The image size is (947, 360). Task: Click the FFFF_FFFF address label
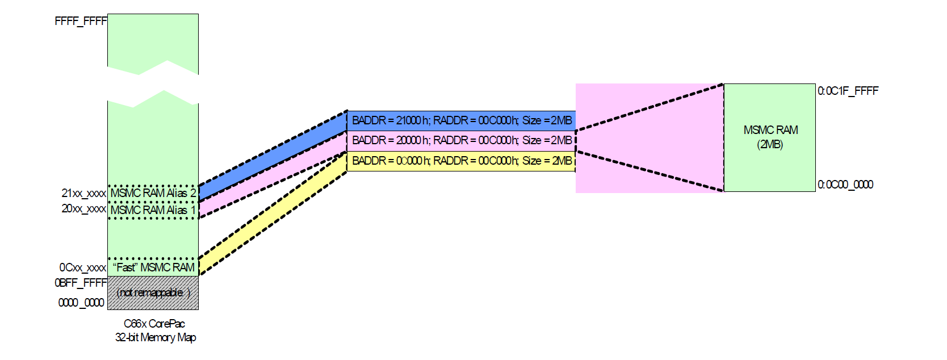click(x=81, y=22)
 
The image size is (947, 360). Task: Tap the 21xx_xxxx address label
click(x=83, y=194)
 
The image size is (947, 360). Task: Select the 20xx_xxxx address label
click(x=83, y=209)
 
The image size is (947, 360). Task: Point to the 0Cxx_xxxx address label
click(x=82, y=267)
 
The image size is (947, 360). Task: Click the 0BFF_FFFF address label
click(x=81, y=283)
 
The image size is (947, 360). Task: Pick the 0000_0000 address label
click(x=81, y=303)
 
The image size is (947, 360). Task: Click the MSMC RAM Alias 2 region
click(x=153, y=194)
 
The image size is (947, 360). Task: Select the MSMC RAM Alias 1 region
click(x=153, y=210)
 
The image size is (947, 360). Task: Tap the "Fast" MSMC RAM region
click(x=153, y=267)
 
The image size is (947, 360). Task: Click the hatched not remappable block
click(x=153, y=293)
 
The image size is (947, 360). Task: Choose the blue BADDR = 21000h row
click(x=461, y=120)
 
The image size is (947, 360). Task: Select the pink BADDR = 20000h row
click(x=461, y=140)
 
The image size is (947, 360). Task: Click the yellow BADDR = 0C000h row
click(x=461, y=161)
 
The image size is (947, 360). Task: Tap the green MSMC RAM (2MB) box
click(x=770, y=137)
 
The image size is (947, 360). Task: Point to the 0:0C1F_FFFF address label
click(x=848, y=91)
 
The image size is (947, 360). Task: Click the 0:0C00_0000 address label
click(x=845, y=185)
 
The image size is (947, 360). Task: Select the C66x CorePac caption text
click(x=154, y=324)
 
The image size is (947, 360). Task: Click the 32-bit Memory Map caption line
click(x=156, y=337)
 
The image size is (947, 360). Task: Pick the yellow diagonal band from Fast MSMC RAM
click(x=273, y=215)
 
